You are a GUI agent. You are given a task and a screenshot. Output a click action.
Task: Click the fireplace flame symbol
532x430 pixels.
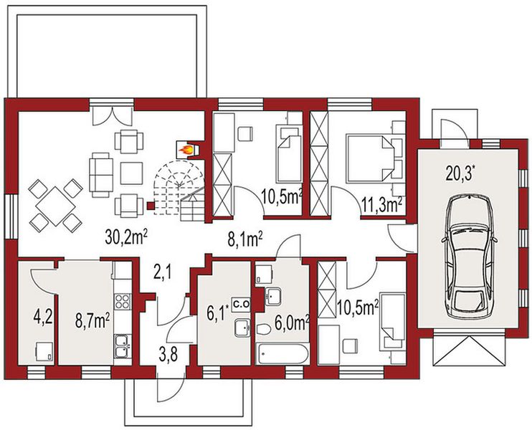point(186,150)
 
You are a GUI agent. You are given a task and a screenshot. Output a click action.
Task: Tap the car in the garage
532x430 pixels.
point(469,257)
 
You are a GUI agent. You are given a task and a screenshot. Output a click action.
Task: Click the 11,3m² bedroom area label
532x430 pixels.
point(382,204)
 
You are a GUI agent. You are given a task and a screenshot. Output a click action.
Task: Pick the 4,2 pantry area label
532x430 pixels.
point(43,317)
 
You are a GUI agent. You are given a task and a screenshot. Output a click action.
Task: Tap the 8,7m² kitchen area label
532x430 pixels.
point(92,321)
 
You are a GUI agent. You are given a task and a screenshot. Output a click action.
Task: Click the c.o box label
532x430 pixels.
point(241,304)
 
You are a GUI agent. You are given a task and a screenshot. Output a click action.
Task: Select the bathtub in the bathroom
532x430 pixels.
point(282,353)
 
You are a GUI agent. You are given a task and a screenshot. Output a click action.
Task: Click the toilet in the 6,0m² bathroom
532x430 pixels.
point(263,329)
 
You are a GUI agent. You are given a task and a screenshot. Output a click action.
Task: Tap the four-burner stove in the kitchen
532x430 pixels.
point(123,301)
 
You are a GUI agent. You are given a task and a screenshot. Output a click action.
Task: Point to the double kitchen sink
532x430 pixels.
point(123,347)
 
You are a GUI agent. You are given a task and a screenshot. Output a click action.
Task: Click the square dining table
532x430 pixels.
point(55,206)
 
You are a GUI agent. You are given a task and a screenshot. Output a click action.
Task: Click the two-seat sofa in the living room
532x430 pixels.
point(101,175)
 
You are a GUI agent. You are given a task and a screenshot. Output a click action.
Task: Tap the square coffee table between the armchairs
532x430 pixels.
point(131,173)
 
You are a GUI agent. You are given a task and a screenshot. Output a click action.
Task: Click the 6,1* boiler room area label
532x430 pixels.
point(216,313)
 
